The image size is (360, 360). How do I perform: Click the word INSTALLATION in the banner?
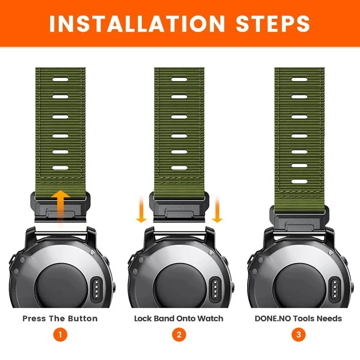(137, 24)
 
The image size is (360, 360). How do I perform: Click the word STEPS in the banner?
(273, 24)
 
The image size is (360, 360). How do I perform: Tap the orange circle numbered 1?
(60, 334)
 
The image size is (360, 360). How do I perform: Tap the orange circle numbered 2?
(179, 334)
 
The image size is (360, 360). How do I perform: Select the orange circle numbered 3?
(298, 334)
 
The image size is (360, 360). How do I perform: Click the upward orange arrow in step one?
(60, 208)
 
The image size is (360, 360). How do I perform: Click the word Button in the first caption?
(83, 319)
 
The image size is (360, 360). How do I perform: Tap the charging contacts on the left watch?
(96, 289)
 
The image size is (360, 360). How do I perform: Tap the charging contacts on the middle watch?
(215, 289)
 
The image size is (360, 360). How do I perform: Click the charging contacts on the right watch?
(335, 289)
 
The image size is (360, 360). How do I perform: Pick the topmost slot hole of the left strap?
(60, 80)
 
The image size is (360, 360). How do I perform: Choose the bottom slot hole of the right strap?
(300, 182)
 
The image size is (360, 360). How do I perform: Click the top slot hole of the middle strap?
(179, 80)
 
